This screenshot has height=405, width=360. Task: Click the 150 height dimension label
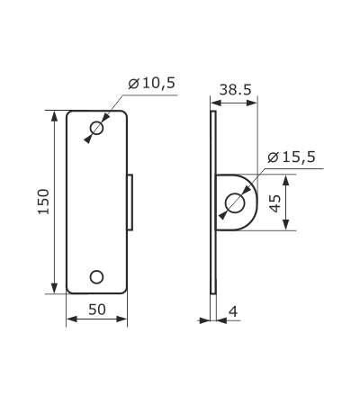tap(44, 202)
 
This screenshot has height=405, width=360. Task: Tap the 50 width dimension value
tap(97, 310)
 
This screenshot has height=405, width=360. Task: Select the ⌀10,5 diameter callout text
tap(151, 83)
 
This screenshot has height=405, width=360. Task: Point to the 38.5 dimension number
tap(235, 89)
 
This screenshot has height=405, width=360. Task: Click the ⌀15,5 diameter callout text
tap(292, 157)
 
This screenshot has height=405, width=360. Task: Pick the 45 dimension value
tap(275, 203)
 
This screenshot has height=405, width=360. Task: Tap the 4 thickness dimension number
tap(233, 312)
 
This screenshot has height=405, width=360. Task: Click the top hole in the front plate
tap(96, 129)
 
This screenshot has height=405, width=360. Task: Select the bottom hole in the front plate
tap(96, 277)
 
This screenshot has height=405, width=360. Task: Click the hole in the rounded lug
tap(235, 202)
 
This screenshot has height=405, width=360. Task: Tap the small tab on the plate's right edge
tap(130, 202)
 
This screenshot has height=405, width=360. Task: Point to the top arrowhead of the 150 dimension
tap(54, 115)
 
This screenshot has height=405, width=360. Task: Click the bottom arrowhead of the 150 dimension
tap(54, 288)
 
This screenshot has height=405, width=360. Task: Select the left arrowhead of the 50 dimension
tap(72, 319)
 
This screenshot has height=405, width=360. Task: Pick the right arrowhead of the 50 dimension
tap(121, 319)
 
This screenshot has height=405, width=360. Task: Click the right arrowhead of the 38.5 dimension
tap(252, 103)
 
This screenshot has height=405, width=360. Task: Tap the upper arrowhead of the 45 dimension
tap(286, 180)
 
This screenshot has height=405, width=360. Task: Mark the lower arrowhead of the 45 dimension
tap(286, 224)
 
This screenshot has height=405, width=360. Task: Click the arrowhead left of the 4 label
tap(205, 320)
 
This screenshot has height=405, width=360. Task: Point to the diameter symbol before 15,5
tap(273, 157)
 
